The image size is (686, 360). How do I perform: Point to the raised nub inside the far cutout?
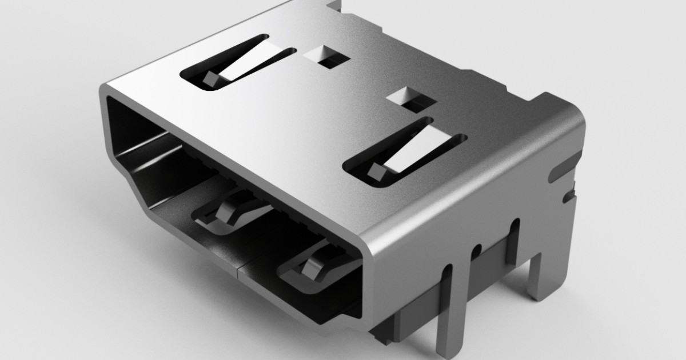(x=210, y=79)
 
